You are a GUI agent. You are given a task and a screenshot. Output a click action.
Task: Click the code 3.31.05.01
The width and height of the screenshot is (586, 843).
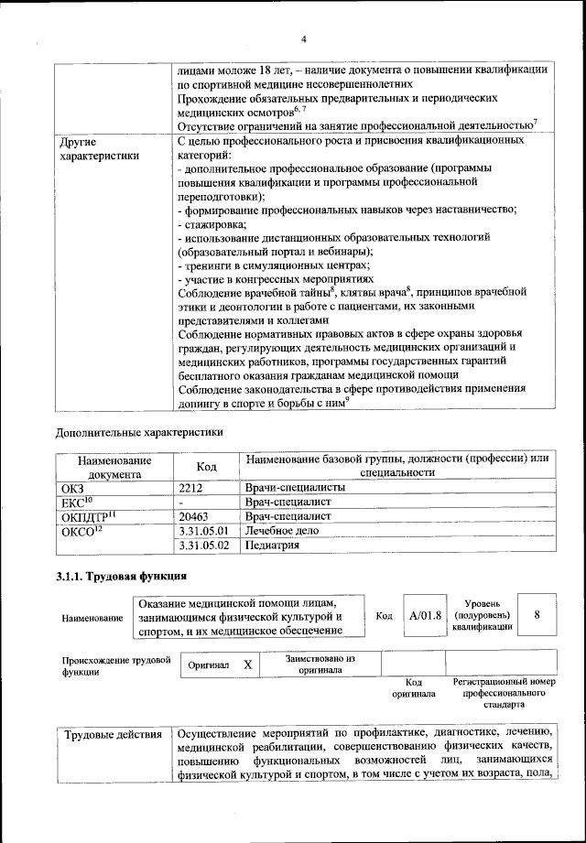click(203, 531)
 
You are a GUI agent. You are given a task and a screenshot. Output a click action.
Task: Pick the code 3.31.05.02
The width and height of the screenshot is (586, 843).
click(203, 546)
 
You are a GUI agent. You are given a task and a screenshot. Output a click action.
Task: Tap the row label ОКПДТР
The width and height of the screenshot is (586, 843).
click(83, 516)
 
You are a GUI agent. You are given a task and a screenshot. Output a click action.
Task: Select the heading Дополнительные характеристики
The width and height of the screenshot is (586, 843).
click(138, 430)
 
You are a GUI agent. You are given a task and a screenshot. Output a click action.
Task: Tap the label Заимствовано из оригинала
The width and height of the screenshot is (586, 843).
click(320, 664)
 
